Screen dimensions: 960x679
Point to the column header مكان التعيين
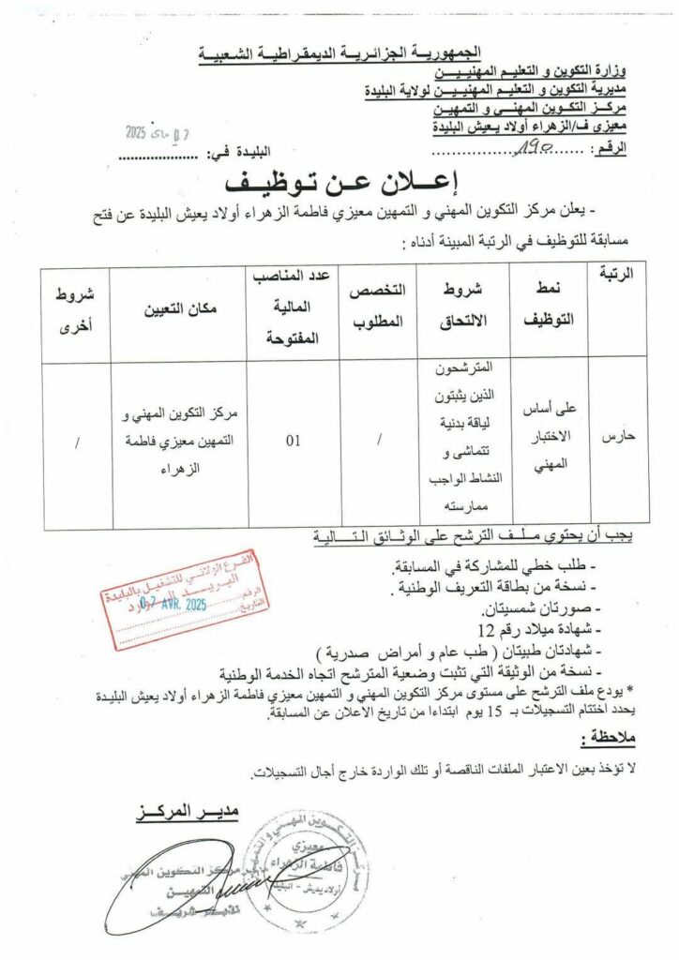pyautogui.click(x=180, y=306)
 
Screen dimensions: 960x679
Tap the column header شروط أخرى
pyautogui.click(x=76, y=306)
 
